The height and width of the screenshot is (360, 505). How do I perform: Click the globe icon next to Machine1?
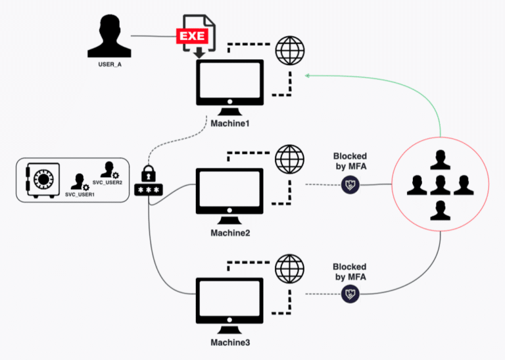[x=289, y=49]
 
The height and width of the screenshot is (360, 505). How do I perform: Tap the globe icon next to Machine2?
[x=289, y=159]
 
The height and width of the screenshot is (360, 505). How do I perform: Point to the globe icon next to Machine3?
[x=289, y=269]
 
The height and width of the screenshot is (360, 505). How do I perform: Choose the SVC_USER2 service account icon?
[x=108, y=170]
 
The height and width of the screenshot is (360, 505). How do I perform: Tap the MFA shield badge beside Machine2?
[x=349, y=186]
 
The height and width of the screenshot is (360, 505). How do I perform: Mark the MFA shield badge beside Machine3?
[x=349, y=296]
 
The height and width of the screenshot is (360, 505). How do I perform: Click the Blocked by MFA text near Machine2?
[x=349, y=161]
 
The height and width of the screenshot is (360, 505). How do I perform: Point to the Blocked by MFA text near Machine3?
[x=349, y=272]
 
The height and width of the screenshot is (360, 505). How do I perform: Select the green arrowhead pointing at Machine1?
[x=308, y=76]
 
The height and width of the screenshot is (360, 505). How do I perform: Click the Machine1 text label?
[x=230, y=124]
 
